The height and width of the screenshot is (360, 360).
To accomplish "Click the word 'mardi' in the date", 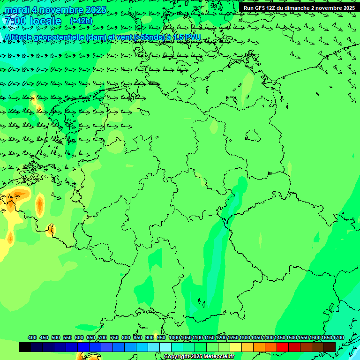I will tap(17, 10).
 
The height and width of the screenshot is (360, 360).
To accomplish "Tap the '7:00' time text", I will tap(14, 21).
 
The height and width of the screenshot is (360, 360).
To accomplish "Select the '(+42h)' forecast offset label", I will tap(81, 21).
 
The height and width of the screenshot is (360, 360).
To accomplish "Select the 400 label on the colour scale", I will tap(32, 337).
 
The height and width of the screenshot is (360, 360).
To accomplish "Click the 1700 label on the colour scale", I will tap(338, 337).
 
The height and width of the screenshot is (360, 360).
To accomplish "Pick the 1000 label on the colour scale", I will tap(174, 337).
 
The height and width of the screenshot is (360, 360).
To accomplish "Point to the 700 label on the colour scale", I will tap(103, 337).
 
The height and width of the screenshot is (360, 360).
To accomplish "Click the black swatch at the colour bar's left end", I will tap(25, 347).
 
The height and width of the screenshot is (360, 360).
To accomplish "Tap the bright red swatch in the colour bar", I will tap(283, 347).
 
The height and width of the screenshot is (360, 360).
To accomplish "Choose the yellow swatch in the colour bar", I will tap(236, 347).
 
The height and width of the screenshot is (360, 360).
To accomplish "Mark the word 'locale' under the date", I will tap(45, 21).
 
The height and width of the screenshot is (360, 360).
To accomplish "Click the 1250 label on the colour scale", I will tap(233, 337).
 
